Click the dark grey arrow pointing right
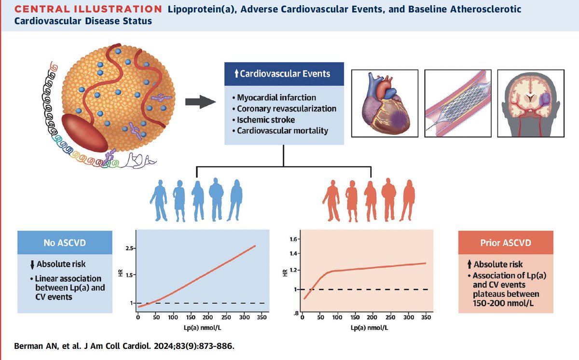pos(200,101)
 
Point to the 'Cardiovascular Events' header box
pos(284,74)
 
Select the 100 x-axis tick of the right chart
pos(337,317)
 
